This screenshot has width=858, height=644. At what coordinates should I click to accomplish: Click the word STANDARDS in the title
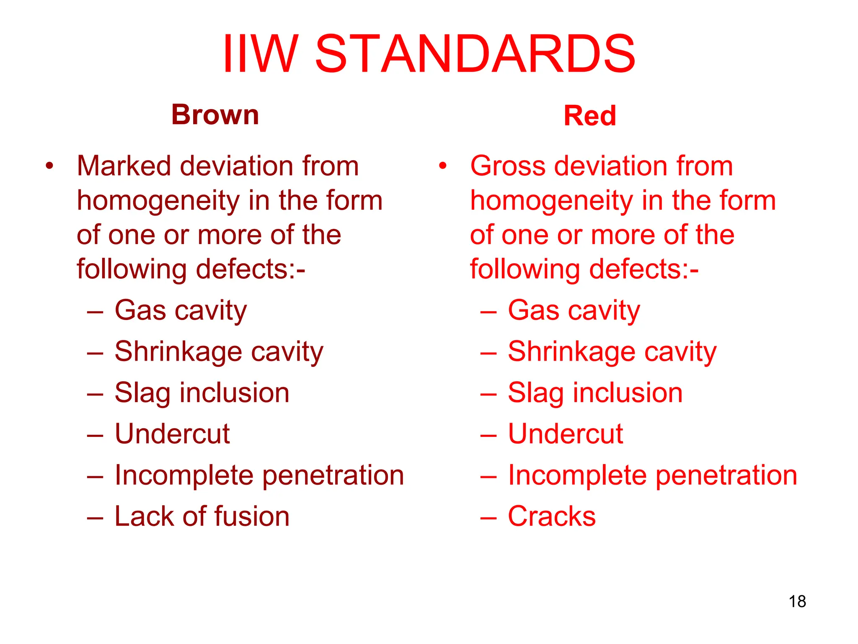coord(475,54)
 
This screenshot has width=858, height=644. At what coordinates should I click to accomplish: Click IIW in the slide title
coord(261,54)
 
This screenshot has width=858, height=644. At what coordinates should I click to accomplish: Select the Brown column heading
coord(215,114)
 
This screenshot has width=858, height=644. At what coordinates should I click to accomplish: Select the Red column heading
coord(589,116)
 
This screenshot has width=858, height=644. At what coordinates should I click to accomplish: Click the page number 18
coord(797,601)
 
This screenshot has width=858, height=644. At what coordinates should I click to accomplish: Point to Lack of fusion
coord(202,516)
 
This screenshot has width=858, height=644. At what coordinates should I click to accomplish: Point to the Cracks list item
coord(551,516)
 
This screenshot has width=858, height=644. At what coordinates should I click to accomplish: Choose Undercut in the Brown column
coord(172,434)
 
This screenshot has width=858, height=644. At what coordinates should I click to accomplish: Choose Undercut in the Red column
coord(565,434)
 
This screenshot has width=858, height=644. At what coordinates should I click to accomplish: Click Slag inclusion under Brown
coord(202,393)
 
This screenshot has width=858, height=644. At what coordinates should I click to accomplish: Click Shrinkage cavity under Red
coord(612,352)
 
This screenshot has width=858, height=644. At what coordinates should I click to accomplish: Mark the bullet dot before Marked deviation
coord(49,166)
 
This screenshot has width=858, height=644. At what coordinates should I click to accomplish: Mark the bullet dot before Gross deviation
coord(442,166)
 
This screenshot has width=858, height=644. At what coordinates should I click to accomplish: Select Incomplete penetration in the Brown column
coord(259,475)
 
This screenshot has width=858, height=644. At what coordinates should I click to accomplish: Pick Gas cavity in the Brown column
coord(181,311)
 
